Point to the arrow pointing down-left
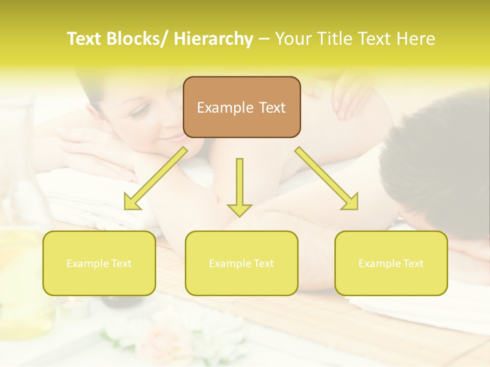(x=155, y=178)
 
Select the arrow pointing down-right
(x=327, y=178)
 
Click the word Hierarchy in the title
(x=213, y=39)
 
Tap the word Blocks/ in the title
(x=136, y=39)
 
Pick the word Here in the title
(x=416, y=39)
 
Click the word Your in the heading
(x=292, y=39)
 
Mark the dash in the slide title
(x=264, y=39)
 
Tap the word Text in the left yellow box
(x=121, y=264)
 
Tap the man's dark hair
(x=439, y=153)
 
